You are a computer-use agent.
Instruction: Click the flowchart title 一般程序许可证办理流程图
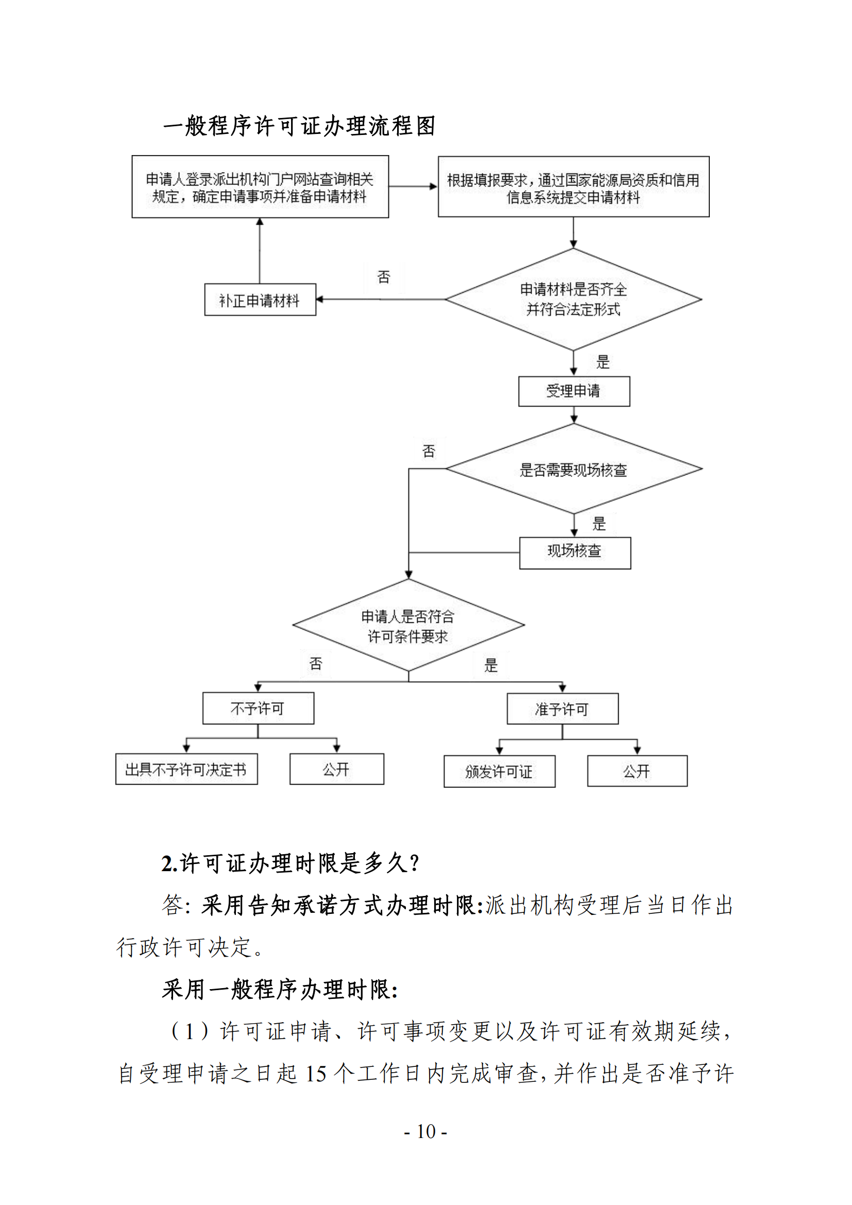pyautogui.click(x=299, y=126)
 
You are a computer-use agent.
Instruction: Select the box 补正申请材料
pyautogui.click(x=260, y=300)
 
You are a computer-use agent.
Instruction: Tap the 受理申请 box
pyautogui.click(x=574, y=392)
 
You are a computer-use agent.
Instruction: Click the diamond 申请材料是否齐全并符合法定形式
pyautogui.click(x=573, y=299)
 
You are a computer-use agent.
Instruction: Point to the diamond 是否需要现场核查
pyautogui.click(x=573, y=469)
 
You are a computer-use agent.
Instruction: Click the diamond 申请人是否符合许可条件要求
pyautogui.click(x=408, y=625)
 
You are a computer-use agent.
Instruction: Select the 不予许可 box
pyautogui.click(x=258, y=708)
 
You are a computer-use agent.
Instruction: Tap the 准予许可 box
pyautogui.click(x=563, y=709)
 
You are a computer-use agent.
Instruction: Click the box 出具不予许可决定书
pyautogui.click(x=186, y=769)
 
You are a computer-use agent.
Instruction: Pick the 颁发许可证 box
pyautogui.click(x=499, y=771)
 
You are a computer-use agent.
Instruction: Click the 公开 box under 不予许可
pyautogui.click(x=336, y=769)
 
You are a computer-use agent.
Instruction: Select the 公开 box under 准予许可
pyautogui.click(x=637, y=771)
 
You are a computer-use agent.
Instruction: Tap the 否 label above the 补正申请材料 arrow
pyautogui.click(x=384, y=277)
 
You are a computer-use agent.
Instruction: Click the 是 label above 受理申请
pyautogui.click(x=603, y=362)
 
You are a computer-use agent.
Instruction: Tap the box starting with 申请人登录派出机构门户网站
pyautogui.click(x=260, y=187)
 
